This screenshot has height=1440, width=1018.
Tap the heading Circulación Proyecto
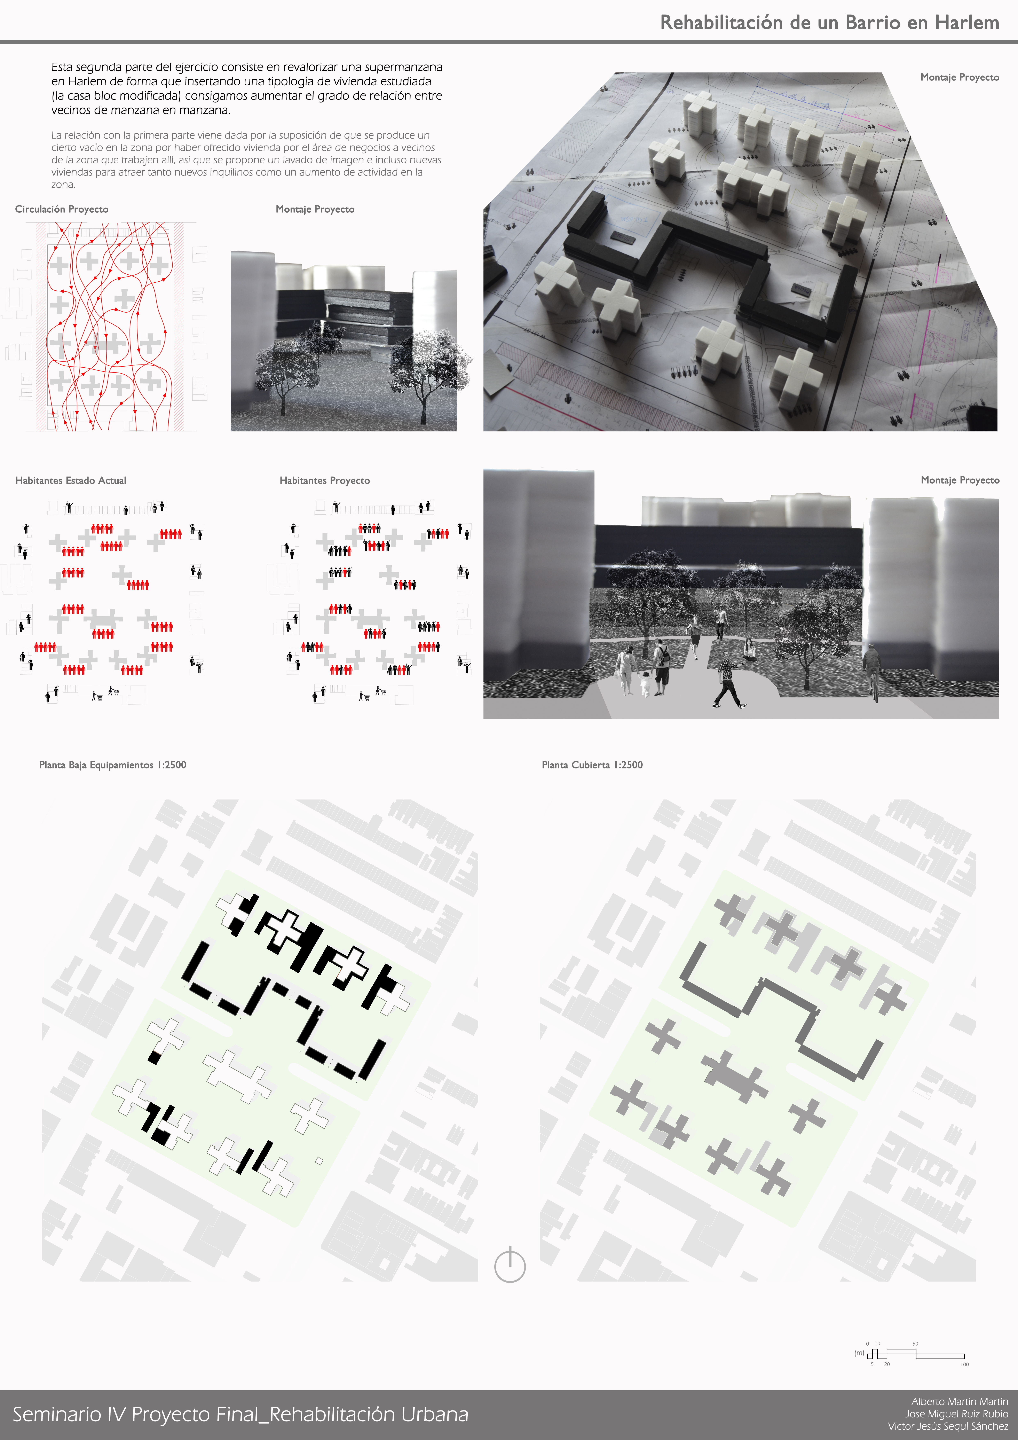click(x=62, y=209)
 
